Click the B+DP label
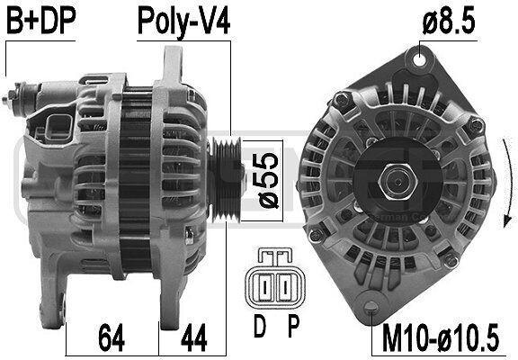click(41, 21)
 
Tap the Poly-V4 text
click(183, 22)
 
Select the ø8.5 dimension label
click(449, 21)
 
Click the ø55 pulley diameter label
click(268, 181)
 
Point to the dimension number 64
click(112, 337)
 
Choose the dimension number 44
click(194, 337)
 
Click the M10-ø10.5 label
click(441, 337)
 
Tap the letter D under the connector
click(260, 326)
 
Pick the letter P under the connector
click(293, 326)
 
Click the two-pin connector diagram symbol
click(275, 280)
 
